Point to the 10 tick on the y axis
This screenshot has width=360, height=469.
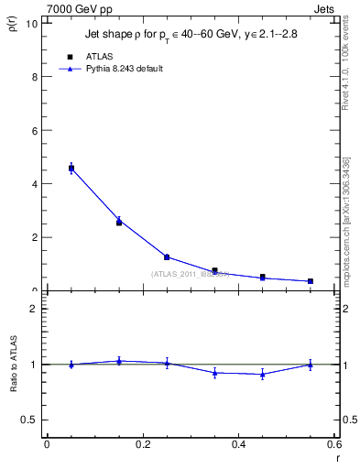tap(33, 24)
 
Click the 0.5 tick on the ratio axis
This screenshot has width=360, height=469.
tap(32, 420)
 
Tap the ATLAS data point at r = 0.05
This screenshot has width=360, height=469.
tap(71, 168)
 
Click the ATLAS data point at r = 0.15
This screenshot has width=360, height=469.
tap(119, 223)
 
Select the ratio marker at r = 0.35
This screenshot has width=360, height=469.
tap(214, 373)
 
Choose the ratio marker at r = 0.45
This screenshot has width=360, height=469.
tap(263, 374)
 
